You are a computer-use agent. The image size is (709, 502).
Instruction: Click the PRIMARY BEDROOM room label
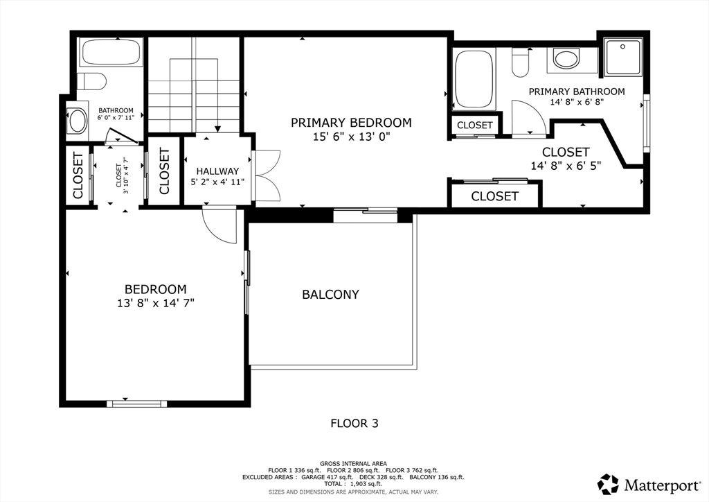pos(351,123)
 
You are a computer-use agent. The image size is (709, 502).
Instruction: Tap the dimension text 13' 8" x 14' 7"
pos(155,303)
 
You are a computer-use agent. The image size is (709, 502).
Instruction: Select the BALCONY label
pos(330,295)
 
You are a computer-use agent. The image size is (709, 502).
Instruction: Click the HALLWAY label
pos(217,171)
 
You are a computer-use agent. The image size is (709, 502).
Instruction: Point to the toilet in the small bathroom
pos(91,82)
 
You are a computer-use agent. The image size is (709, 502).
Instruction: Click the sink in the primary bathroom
pos(566,59)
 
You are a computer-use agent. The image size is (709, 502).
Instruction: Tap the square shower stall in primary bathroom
pos(622,58)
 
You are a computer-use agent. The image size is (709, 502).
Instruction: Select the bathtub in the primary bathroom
pos(474,79)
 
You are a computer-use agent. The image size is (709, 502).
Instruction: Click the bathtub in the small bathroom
pos(111,52)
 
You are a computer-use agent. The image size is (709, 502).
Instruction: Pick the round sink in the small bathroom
pos(78,121)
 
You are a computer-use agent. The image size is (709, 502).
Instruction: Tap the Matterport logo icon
pos(609,483)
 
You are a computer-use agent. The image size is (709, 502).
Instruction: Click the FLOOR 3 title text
pos(354,422)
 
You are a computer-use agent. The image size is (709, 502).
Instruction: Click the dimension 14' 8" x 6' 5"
pos(566,166)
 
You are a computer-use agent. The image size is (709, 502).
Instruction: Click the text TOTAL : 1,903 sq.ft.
pos(354,485)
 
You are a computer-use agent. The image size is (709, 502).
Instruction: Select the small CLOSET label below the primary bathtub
pos(475,125)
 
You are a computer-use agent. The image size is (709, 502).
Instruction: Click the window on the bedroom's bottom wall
pos(136,403)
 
